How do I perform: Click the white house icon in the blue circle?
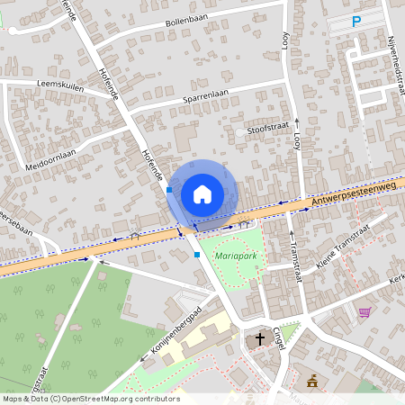pos(202,193)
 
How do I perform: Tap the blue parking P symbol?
pos(356,22)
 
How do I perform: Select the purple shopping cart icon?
pos(364,312)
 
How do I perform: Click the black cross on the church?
pos(260,339)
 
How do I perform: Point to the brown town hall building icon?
pos(312,382)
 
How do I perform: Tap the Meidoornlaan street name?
pos(51,165)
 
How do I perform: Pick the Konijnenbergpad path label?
pos(171,335)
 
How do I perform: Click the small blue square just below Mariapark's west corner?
pos(197,255)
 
